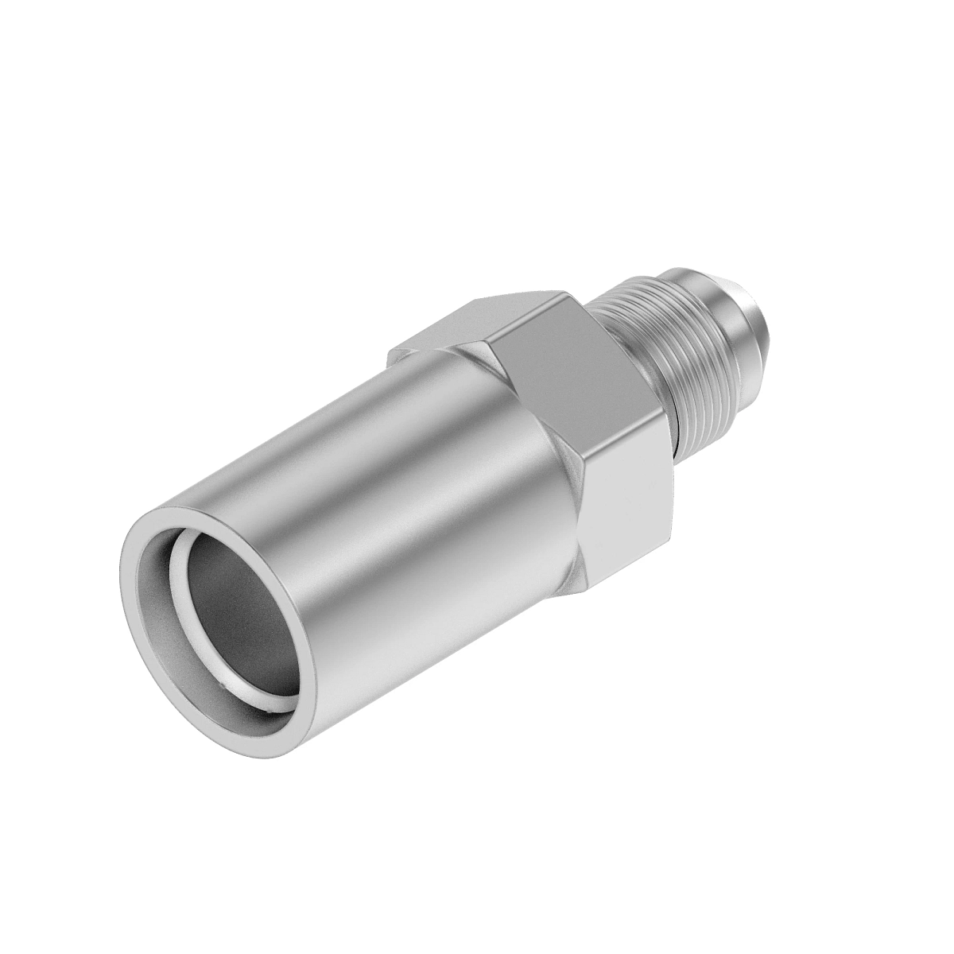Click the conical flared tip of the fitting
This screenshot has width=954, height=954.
pos(755,326)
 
